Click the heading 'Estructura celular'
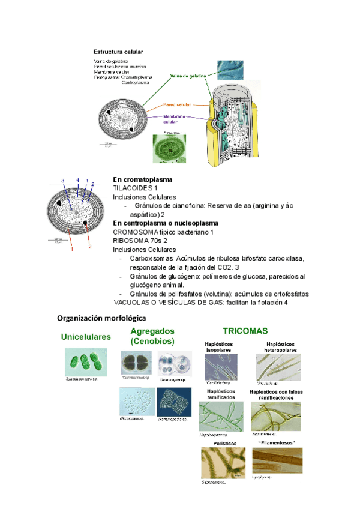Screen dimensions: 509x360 click(x=118, y=52)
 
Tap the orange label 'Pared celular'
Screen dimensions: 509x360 click(x=177, y=104)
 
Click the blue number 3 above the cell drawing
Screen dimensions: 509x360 click(x=62, y=181)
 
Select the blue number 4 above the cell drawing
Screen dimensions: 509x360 click(x=77, y=180)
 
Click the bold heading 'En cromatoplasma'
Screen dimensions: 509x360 click(x=143, y=179)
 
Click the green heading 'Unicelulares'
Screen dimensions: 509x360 click(x=86, y=337)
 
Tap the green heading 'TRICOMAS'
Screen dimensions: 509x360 click(x=245, y=331)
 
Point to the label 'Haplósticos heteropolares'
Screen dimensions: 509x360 click(x=279, y=346)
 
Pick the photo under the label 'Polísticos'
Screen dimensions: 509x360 click(x=223, y=462)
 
